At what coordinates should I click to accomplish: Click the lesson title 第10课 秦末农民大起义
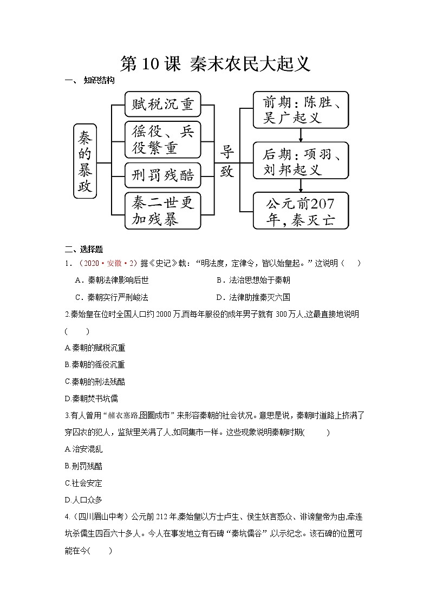point(215,64)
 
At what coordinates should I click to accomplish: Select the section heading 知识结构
point(99,81)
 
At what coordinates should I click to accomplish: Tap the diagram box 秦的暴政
point(85,161)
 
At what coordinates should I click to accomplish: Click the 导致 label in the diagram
point(227,161)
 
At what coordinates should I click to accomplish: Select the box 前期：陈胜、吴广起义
point(301,110)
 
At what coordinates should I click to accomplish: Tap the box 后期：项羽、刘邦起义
point(301,161)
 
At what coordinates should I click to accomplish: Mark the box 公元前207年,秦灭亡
point(301,212)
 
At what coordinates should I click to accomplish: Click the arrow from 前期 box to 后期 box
point(301,135)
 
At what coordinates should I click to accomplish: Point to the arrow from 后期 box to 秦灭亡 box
point(301,186)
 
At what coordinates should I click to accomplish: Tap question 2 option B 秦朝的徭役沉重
point(94,364)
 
